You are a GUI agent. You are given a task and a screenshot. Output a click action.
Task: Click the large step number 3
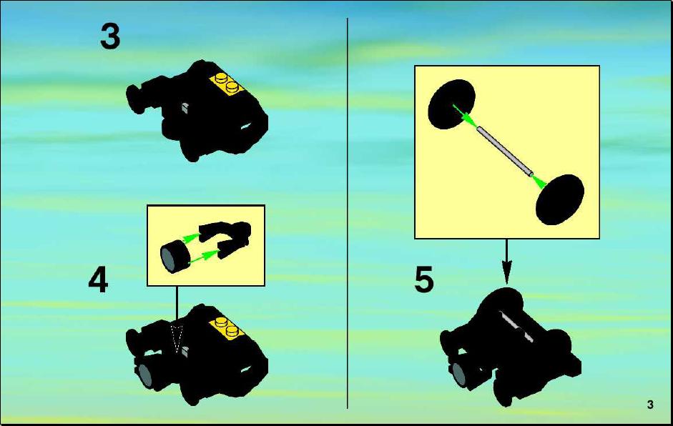click(110, 36)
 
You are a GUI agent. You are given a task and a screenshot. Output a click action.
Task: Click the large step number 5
click(424, 279)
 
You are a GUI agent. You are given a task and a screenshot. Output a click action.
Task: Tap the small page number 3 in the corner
click(650, 405)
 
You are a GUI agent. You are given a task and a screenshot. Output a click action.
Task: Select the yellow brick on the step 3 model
click(227, 84)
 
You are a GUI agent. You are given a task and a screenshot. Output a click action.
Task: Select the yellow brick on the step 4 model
click(227, 328)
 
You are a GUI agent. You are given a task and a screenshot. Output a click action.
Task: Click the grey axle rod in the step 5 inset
click(504, 151)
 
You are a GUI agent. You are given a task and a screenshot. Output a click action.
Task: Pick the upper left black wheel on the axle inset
click(451, 104)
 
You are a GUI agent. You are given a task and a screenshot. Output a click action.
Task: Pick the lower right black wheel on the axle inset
click(560, 199)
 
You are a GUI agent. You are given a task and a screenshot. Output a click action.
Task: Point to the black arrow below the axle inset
click(507, 262)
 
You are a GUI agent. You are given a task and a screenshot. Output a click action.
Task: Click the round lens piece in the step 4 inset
click(175, 257)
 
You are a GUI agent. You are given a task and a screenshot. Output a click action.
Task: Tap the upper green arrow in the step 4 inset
click(190, 238)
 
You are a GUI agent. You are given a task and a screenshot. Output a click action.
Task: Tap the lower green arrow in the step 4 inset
click(202, 257)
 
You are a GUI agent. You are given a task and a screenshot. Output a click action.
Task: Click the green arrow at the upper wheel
click(464, 115)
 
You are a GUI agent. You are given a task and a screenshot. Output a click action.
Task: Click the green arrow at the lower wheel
click(539, 182)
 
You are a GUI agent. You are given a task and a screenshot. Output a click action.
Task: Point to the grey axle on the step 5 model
click(516, 327)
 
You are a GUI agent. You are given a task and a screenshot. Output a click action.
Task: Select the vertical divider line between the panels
click(348, 213)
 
